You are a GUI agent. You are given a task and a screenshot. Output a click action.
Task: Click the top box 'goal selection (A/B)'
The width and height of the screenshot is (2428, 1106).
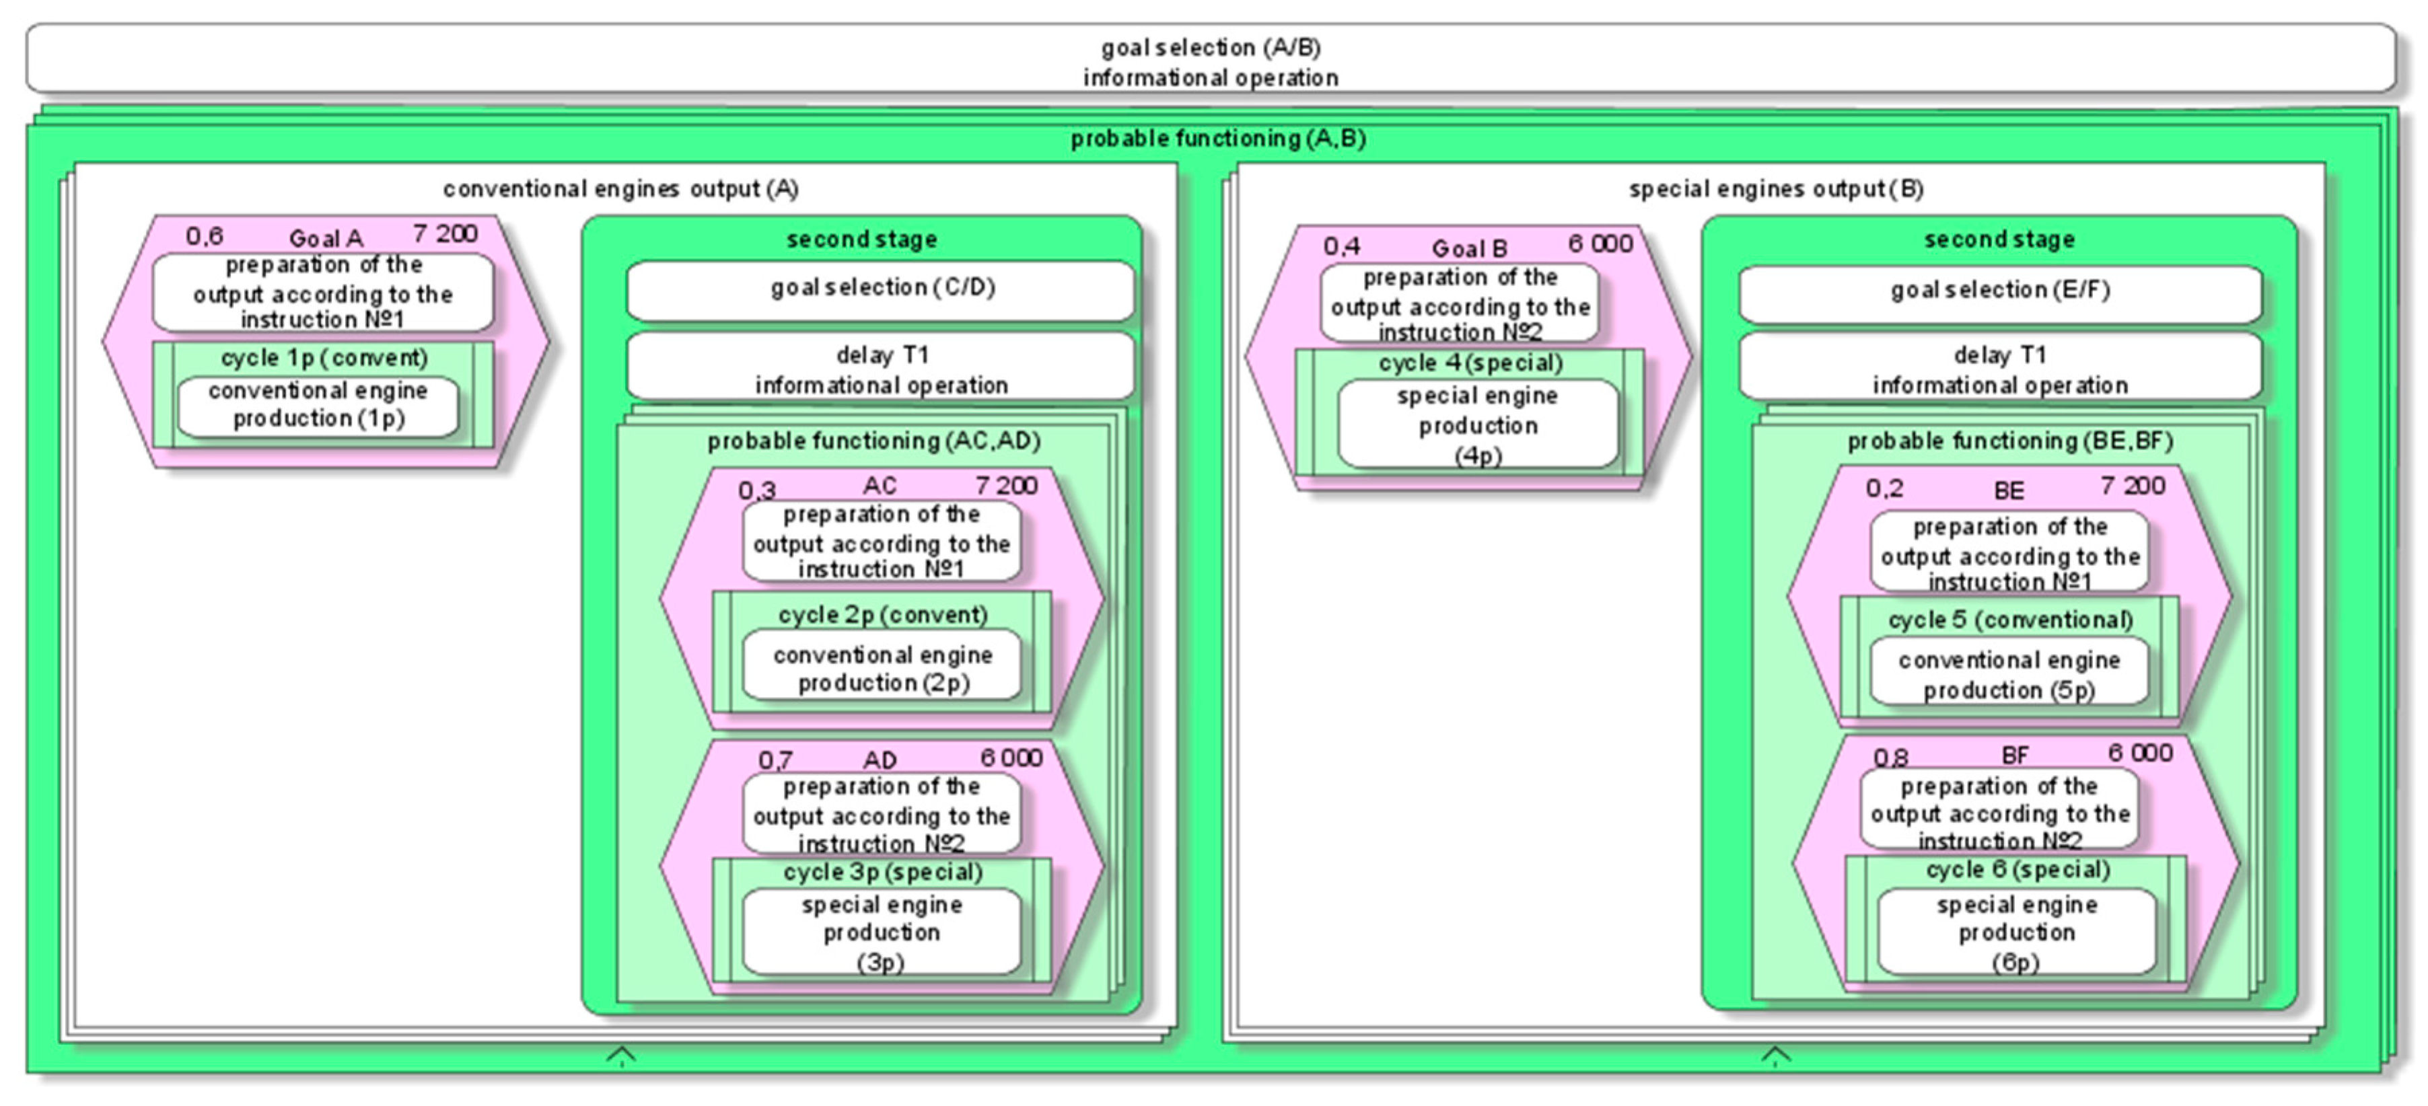(x=1210, y=61)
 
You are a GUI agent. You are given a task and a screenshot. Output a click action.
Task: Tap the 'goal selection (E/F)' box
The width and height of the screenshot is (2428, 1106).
(x=1999, y=291)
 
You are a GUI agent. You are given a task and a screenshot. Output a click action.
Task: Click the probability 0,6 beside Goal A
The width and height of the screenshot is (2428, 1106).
(x=204, y=236)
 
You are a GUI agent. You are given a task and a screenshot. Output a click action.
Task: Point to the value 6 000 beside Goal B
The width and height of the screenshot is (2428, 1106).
(x=1600, y=244)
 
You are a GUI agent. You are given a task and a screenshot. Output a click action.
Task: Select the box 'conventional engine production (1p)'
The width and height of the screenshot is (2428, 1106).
(x=318, y=405)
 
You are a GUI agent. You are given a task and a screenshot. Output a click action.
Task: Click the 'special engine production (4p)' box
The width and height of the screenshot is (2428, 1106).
(x=1477, y=425)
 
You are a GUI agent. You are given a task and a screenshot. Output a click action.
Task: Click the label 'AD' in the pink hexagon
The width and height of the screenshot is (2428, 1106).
(x=880, y=760)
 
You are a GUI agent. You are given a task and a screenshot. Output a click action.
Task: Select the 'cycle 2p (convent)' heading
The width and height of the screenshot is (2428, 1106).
(x=882, y=615)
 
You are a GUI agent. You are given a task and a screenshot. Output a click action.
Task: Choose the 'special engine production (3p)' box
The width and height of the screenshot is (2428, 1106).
(x=882, y=932)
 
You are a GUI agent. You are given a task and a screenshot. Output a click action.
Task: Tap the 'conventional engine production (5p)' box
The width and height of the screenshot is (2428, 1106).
(x=2009, y=675)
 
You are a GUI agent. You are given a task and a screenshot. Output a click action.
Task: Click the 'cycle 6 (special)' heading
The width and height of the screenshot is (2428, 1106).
(x=2016, y=870)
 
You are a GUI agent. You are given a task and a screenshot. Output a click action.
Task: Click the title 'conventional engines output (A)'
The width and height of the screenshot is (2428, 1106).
(x=620, y=189)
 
